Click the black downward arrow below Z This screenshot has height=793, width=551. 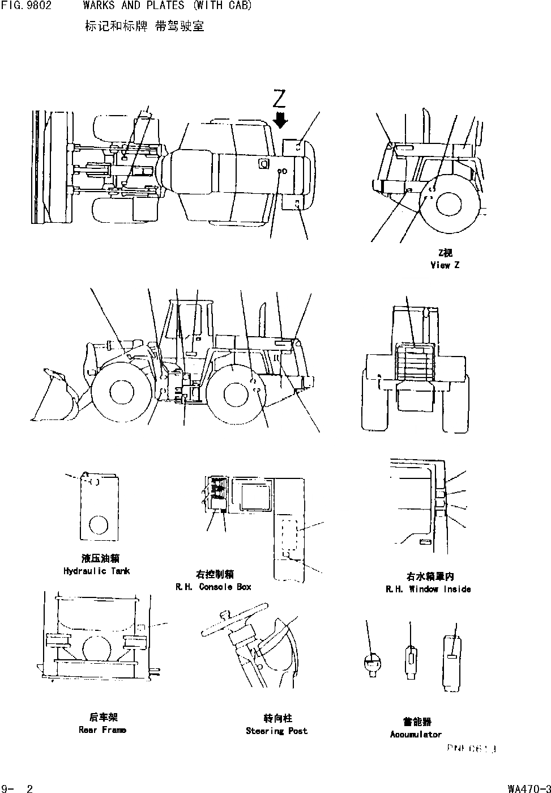pyautogui.click(x=280, y=120)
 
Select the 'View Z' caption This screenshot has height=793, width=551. pyautogui.click(x=445, y=265)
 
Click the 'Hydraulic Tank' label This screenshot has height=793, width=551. pyautogui.click(x=96, y=571)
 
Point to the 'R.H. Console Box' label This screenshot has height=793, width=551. pyautogui.click(x=213, y=587)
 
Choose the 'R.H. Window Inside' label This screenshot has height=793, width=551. pyautogui.click(x=428, y=589)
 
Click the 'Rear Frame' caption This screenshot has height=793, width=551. pyautogui.click(x=102, y=730)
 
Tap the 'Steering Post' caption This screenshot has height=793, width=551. pyautogui.click(x=276, y=731)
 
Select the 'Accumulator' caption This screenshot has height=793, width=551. pyautogui.click(x=416, y=734)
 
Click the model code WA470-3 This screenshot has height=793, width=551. pyautogui.click(x=528, y=788)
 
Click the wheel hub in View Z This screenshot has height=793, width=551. pyautogui.click(x=449, y=204)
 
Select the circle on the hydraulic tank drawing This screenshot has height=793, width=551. pyautogui.click(x=99, y=524)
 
